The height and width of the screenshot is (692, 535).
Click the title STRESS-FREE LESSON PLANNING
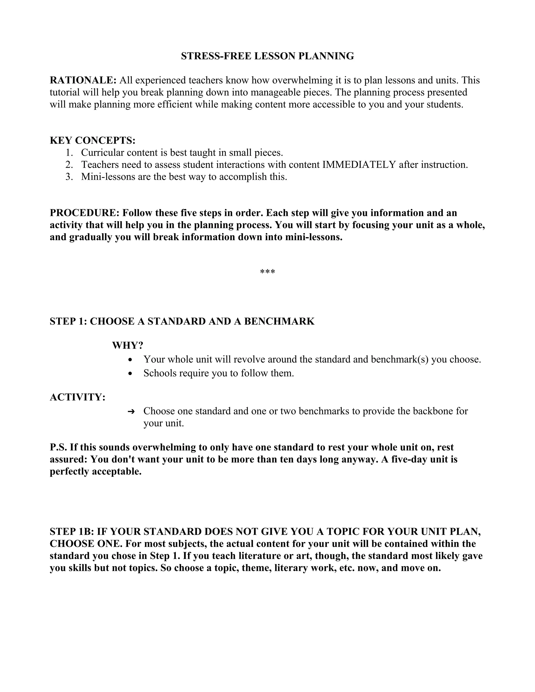[267, 56]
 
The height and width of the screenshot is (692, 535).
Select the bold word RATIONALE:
[83, 80]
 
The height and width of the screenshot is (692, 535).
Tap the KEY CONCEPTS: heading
[92, 140]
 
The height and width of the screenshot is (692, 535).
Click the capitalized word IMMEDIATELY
[359, 165]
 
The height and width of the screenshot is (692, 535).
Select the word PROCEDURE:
[84, 213]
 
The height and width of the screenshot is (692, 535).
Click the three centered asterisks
[267, 272]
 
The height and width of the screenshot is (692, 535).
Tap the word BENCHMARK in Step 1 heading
[279, 321]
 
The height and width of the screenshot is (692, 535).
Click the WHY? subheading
[128, 345]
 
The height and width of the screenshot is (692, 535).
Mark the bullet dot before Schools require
[130, 374]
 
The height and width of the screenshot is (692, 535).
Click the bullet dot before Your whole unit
[130, 360]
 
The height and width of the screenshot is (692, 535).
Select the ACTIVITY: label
[78, 397]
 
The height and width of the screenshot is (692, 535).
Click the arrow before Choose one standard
[131, 412]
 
